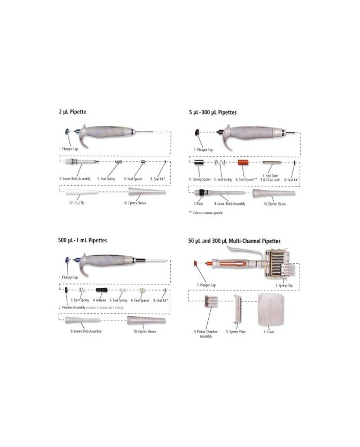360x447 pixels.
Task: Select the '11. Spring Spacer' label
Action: pyautogui.click(x=200, y=179)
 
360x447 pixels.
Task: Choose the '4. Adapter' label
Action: pyautogui.click(x=100, y=299)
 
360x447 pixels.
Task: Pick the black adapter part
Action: pyautogui.click(x=101, y=290)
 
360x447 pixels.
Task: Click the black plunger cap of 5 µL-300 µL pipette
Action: pyautogui.click(x=197, y=133)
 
